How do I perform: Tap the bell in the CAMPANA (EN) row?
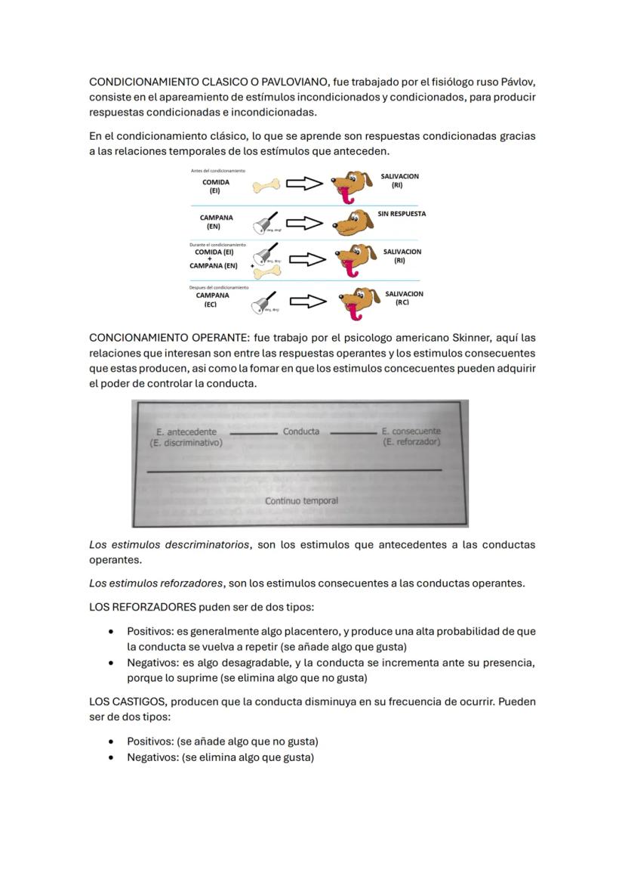pos(266,222)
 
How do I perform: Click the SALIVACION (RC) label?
pos(404,298)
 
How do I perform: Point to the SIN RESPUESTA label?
pos(402,214)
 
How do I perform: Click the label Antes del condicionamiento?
pos(217,171)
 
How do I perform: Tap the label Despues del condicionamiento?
pos(219,287)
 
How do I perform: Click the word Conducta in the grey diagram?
pos(301,432)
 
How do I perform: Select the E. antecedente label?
pos(186,432)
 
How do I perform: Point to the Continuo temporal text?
pos(301,500)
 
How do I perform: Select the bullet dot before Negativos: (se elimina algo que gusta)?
pos(112,757)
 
